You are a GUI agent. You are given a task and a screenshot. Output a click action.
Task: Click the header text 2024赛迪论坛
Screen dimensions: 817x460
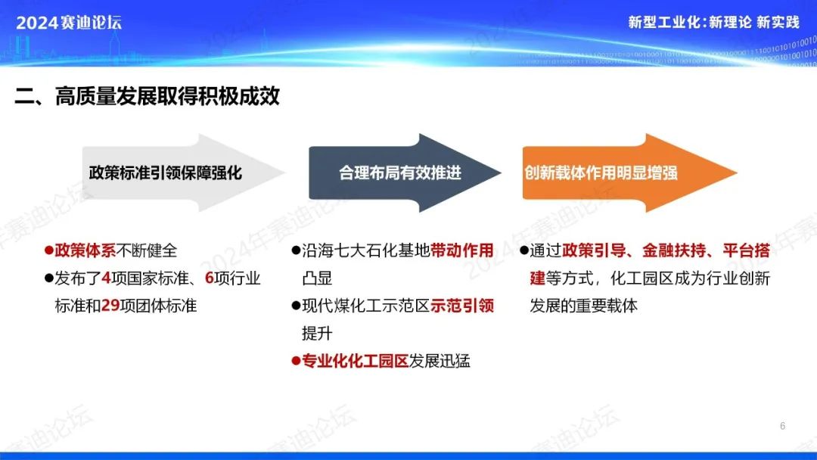(69, 23)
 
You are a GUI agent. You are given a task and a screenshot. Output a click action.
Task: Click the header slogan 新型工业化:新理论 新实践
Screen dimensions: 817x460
(713, 23)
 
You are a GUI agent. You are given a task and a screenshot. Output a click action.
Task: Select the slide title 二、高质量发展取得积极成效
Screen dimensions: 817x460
(147, 96)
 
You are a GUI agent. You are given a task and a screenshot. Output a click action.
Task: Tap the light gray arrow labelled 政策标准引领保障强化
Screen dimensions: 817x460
(183, 173)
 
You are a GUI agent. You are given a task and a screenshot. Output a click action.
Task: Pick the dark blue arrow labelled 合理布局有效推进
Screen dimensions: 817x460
(405, 173)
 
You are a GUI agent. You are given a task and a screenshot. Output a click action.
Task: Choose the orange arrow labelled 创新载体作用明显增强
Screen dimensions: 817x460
(629, 173)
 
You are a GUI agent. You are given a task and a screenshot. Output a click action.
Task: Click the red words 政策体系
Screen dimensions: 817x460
(85, 250)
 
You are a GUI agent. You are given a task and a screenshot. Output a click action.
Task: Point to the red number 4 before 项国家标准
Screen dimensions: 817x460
(107, 278)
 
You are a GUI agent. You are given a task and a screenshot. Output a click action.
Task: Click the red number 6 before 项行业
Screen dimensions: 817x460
(210, 278)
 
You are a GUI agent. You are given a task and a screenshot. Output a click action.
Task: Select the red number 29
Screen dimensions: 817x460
(110, 306)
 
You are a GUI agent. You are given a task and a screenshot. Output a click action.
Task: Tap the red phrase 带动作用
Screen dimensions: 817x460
(462, 250)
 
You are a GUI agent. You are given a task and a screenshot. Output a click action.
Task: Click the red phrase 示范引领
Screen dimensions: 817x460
(462, 306)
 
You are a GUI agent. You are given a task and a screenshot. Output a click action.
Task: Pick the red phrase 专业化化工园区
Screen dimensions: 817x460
(356, 361)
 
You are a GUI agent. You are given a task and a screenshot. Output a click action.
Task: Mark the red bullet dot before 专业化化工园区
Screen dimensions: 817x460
(296, 361)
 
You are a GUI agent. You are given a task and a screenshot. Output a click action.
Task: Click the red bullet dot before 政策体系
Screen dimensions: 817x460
(49, 250)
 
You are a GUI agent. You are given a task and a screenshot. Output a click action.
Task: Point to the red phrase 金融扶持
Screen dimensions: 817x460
(674, 250)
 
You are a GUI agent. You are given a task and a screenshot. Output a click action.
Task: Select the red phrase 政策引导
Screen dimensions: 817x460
(594, 250)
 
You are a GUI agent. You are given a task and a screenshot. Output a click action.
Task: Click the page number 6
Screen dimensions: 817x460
(783, 426)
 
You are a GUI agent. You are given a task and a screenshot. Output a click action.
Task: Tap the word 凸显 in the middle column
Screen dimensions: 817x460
(317, 278)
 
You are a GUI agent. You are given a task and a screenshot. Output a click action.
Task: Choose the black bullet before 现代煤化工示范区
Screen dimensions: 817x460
(296, 306)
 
